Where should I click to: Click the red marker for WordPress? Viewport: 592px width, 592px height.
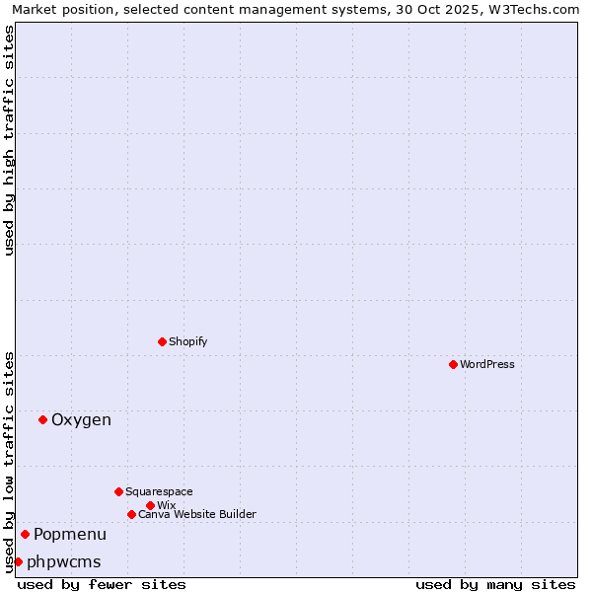pos(453,364)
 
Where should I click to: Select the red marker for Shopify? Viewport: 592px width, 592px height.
pos(162,341)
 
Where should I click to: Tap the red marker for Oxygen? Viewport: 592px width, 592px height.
pos(42,419)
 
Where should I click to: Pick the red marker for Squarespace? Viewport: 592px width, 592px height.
pos(118,491)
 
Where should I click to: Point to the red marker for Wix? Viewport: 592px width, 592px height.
pos(150,505)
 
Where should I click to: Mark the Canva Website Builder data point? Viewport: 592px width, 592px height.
pos(131,514)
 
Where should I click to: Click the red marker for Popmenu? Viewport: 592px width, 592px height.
pos(25,534)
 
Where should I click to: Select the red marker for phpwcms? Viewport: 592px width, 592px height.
pos(18,561)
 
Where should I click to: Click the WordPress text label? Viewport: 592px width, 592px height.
pos(487,364)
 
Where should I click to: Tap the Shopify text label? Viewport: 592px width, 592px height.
pos(188,341)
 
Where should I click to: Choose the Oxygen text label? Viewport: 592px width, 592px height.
pos(81,420)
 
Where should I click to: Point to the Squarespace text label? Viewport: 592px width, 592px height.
pos(159,491)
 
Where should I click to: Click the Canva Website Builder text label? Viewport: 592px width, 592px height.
pos(197,514)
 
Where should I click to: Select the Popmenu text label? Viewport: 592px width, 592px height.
pos(70,535)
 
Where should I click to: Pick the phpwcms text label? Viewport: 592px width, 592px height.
pos(64,562)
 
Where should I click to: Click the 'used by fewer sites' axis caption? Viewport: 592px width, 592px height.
pos(102,584)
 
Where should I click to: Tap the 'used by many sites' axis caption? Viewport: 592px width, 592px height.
pos(495,584)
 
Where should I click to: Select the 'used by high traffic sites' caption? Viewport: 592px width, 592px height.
pos(9,140)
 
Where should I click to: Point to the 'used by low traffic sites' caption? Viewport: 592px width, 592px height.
pos(9,461)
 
